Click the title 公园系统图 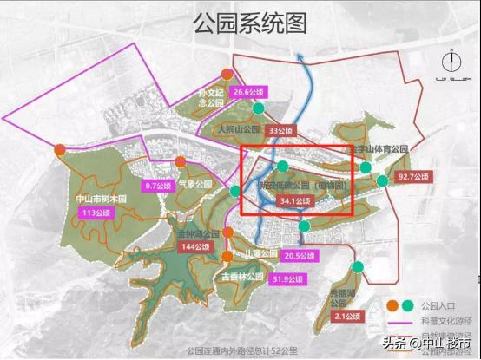pyautogui.click(x=240, y=22)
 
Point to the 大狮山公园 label pyautogui.click(x=240, y=130)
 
